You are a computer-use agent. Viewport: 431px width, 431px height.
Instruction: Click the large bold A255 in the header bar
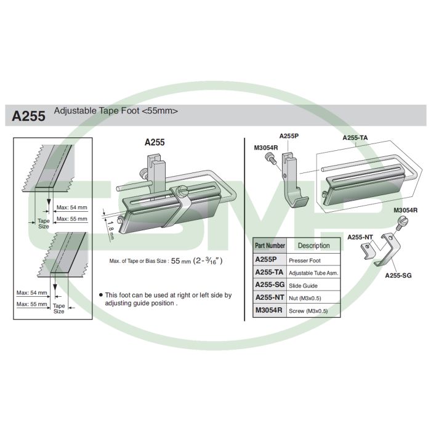(28, 116)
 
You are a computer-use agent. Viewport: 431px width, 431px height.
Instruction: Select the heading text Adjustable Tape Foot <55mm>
(116, 111)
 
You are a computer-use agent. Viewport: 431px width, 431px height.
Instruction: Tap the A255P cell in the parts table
(266, 259)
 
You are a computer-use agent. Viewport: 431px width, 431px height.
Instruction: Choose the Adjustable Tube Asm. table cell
(313, 273)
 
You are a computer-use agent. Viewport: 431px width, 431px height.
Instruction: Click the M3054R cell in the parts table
(269, 310)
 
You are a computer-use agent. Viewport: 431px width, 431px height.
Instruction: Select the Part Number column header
(270, 246)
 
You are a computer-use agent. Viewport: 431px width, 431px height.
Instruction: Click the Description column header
(313, 246)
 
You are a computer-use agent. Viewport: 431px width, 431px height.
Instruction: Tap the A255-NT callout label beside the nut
(360, 237)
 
